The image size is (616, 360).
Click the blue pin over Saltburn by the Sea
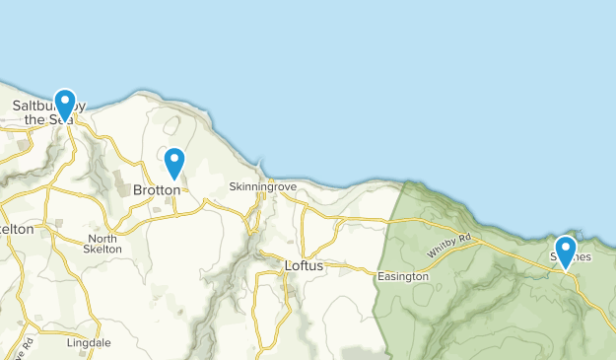pos(65,103)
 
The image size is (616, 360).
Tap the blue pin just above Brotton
pos(174,161)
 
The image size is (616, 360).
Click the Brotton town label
pos(157,189)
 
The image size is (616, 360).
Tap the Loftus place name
pos(304,265)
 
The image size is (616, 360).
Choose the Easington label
pos(403,277)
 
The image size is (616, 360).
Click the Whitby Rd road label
pos(450,246)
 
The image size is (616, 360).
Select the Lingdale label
pos(88,343)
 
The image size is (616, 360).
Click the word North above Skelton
pos(102,239)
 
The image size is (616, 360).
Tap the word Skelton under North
pos(102,250)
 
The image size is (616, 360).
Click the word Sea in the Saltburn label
pos(60,120)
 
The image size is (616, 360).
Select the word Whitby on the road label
pos(444,250)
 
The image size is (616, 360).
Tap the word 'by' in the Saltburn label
pos(79,106)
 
